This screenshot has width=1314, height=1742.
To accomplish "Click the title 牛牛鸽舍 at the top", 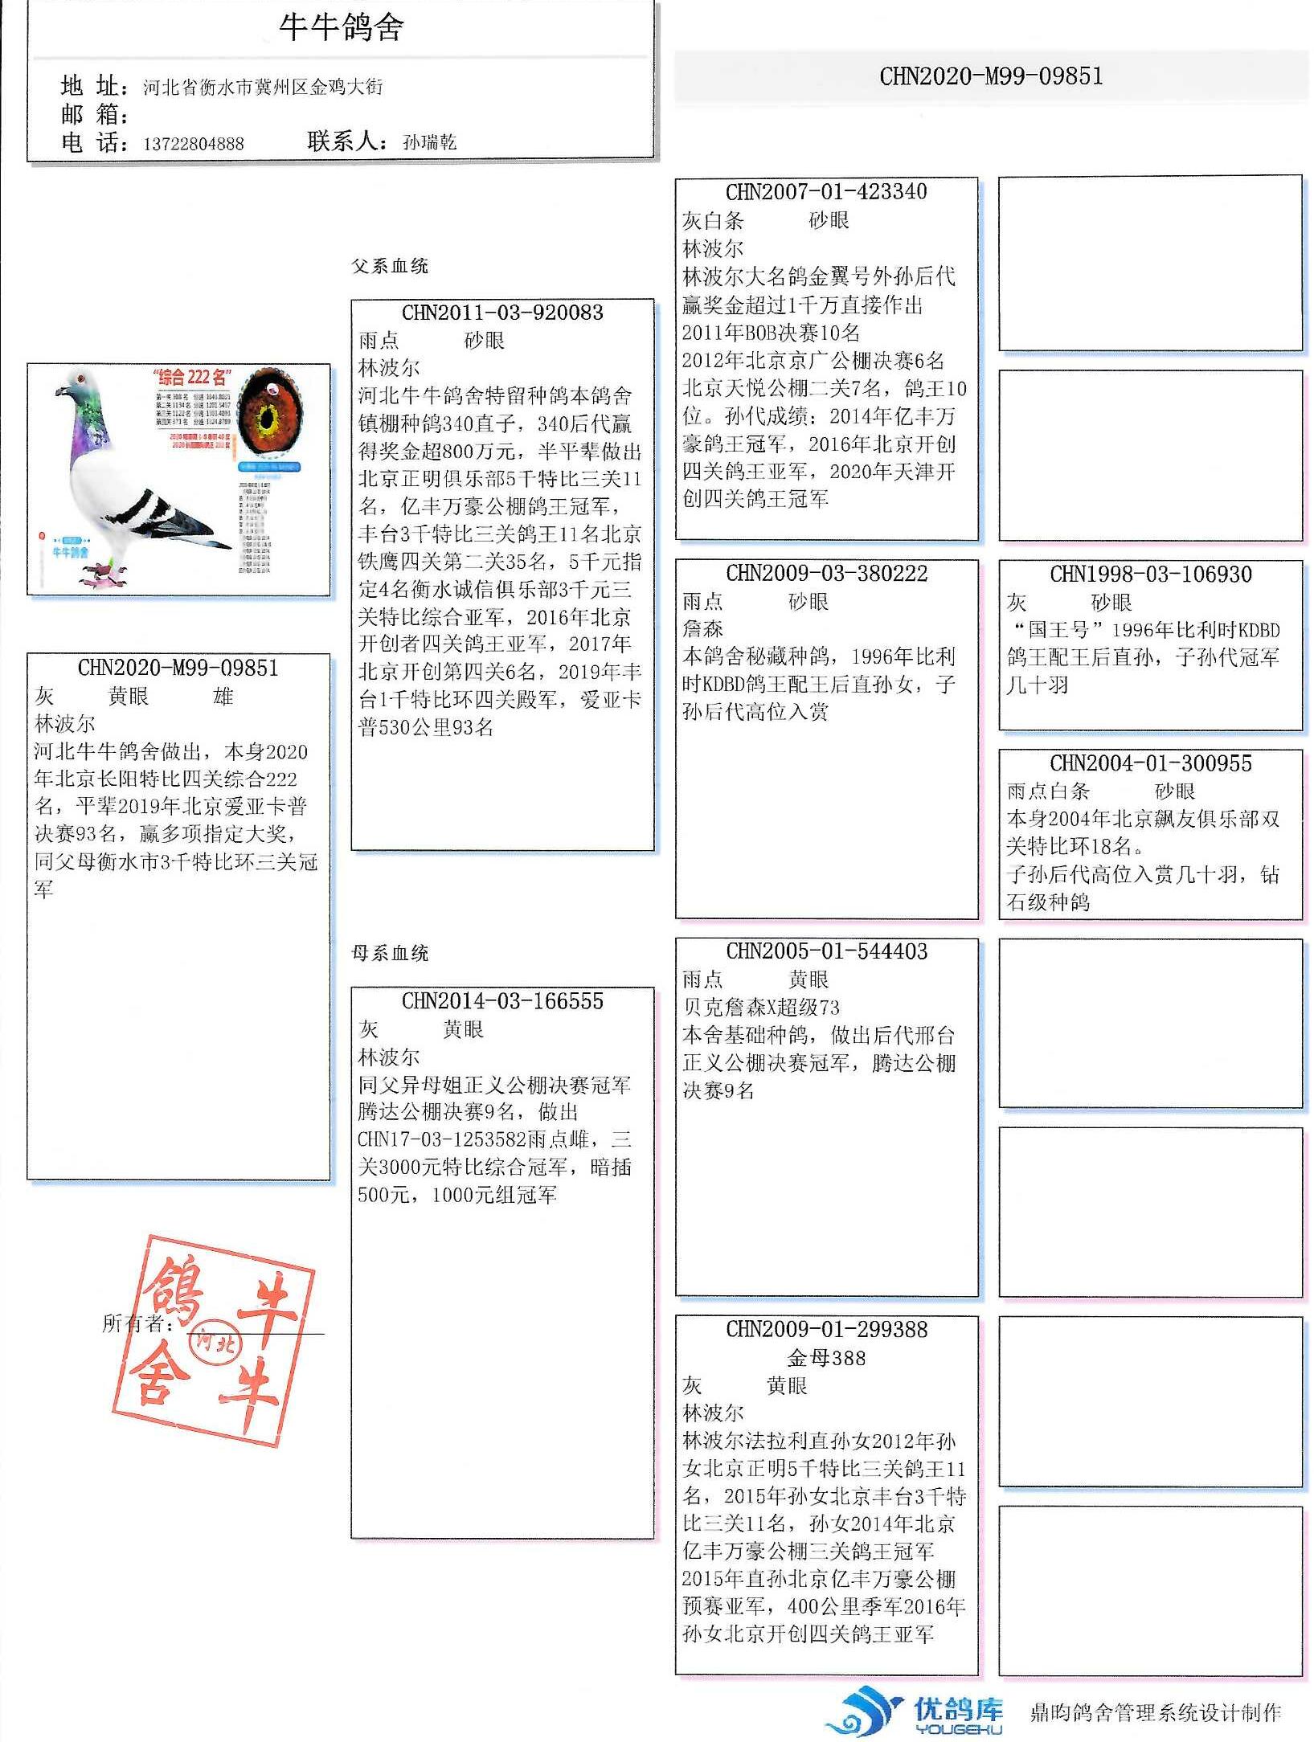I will pos(341,27).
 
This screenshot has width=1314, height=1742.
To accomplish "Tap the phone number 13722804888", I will pos(193,144).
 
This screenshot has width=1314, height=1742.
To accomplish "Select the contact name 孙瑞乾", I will pos(429,142).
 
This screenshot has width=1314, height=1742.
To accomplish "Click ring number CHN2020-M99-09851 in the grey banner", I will pos(990,76).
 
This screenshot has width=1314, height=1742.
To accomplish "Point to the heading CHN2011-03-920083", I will pos(502,313).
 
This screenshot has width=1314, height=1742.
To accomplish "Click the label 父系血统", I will pos(390,266).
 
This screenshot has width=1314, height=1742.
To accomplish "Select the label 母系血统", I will pos(390,953).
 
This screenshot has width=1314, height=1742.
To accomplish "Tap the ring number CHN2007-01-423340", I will pos(826,191).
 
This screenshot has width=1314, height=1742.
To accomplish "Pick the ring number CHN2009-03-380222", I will pos(826,573).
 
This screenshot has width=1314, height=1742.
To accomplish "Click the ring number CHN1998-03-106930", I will pos(1150,574).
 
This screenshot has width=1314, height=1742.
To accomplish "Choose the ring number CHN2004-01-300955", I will pos(1150,763).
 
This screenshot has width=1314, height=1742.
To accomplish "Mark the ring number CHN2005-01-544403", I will pos(826,951).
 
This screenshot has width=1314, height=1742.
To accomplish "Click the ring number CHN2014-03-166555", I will pos(502,1000).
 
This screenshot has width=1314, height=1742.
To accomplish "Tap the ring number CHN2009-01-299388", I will pos(826,1328).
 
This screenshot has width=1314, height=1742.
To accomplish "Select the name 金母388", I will pos(826,1358).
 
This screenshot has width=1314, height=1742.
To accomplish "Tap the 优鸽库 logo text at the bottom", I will pos(958,1708).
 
